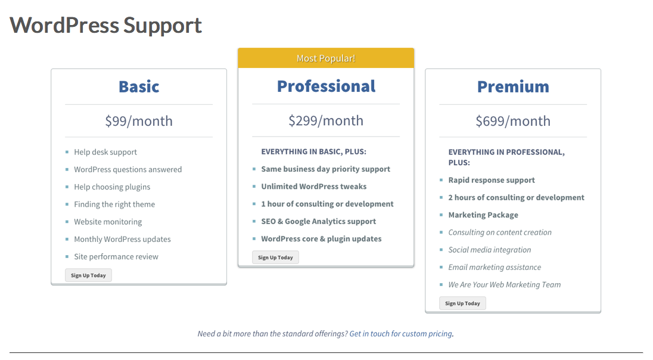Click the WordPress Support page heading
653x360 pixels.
pos(106,26)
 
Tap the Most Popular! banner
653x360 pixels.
pos(326,58)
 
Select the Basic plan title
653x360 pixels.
pos(139,86)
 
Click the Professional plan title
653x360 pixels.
pos(326,86)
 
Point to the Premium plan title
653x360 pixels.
pos(513,86)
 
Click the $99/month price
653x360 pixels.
pos(139,121)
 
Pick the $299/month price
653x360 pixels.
pos(326,120)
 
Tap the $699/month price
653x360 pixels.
pos(513,121)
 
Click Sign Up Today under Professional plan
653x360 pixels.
pos(275,257)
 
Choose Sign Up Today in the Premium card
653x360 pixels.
pos(462,303)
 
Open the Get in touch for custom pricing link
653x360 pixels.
pos(400,334)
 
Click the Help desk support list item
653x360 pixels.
pos(105,152)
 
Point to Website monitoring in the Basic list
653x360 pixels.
pos(108,222)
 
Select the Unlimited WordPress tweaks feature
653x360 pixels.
pos(314,187)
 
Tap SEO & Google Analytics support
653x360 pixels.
pos(319,221)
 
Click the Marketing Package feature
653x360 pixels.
pos(483,215)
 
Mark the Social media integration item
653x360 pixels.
pos(489,250)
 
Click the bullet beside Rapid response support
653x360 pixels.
pos(441,180)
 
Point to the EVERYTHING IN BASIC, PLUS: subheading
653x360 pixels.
pos(313,151)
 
